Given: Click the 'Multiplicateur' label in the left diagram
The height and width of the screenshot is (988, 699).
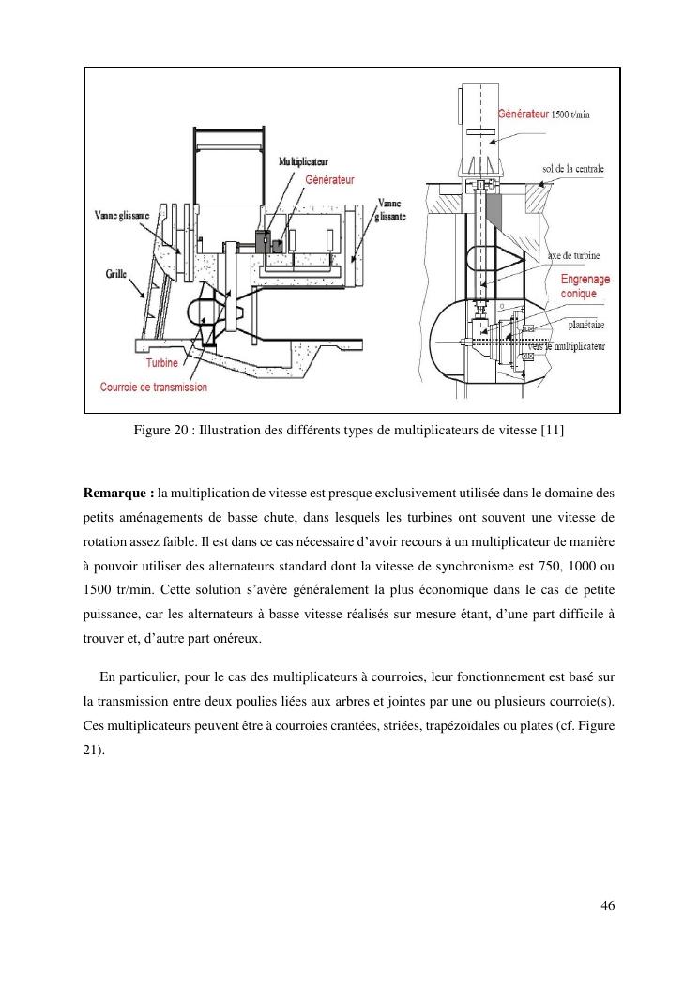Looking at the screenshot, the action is pyautogui.click(x=303, y=162).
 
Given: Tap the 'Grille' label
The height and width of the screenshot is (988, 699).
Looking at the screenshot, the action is pyautogui.click(x=116, y=273).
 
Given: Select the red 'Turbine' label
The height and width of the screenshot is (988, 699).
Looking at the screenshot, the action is pyautogui.click(x=162, y=363).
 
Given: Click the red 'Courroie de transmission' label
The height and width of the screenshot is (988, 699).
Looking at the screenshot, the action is pyautogui.click(x=154, y=387).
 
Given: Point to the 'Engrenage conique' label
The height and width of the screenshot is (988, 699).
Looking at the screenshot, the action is pyautogui.click(x=585, y=286).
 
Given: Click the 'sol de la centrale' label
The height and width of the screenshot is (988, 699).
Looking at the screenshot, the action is pyautogui.click(x=573, y=169).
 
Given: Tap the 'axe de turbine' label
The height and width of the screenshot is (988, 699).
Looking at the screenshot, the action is pyautogui.click(x=573, y=256).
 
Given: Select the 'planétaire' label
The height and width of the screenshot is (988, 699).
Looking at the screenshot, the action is pyautogui.click(x=586, y=326).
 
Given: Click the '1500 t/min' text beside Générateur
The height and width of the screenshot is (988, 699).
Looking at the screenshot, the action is pyautogui.click(x=570, y=114).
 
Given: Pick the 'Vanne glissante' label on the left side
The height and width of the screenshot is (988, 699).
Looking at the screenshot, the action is pyautogui.click(x=122, y=216).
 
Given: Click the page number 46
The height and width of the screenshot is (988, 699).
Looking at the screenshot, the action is pyautogui.click(x=608, y=906).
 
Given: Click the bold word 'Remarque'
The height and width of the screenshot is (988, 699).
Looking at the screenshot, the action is pyautogui.click(x=115, y=494).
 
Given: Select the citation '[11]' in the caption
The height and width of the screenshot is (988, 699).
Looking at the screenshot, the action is pyautogui.click(x=553, y=431).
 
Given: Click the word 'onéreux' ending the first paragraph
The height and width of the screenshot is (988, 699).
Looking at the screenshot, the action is pyautogui.click(x=236, y=639).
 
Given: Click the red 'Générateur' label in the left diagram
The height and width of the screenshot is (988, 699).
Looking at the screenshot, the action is pyautogui.click(x=329, y=180).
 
